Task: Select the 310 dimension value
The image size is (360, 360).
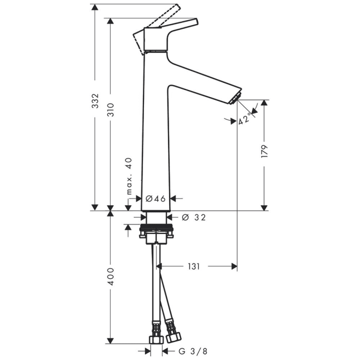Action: [x=111, y=112]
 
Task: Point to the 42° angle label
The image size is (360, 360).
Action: [x=245, y=120]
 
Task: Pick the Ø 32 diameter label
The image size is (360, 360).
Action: [x=194, y=218]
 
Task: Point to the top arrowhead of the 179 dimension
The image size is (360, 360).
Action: [x=264, y=103]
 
